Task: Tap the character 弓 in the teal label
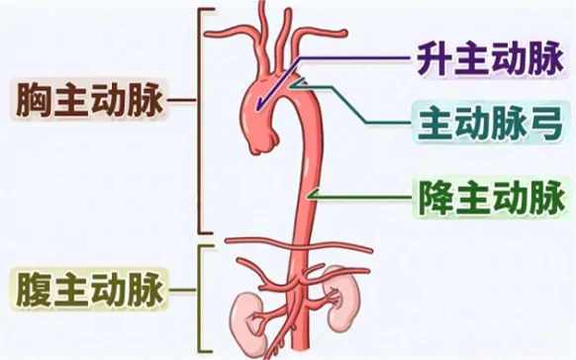(x=542, y=126)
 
